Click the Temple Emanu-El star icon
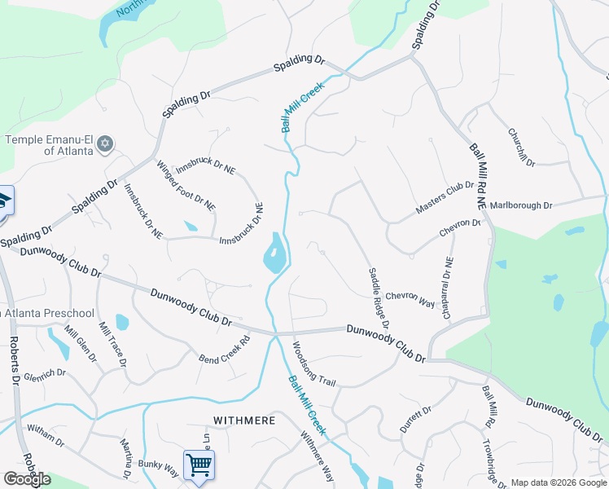(104, 144)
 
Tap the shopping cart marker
(199, 465)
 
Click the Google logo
(27, 479)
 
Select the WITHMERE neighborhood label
(244, 421)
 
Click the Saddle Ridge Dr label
(379, 298)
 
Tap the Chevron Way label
(410, 300)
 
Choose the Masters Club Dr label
(445, 198)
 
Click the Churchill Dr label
(521, 148)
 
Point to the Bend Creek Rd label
(224, 350)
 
